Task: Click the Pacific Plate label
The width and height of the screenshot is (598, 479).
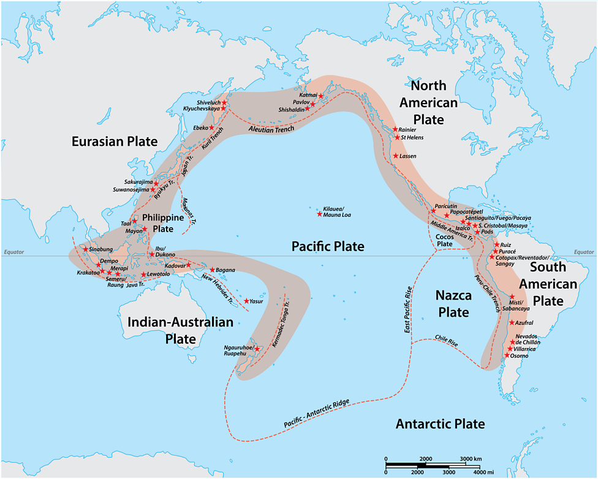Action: pyautogui.click(x=327, y=246)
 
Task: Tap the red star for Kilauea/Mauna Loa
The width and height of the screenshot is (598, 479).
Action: pyautogui.click(x=319, y=214)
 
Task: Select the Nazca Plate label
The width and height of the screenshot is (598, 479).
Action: pyautogui.click(x=452, y=304)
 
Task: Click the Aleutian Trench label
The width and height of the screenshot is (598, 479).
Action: pyautogui.click(x=271, y=129)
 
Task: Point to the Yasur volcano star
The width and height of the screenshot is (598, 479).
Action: pyautogui.click(x=246, y=301)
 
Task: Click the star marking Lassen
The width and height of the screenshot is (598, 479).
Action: pyautogui.click(x=396, y=156)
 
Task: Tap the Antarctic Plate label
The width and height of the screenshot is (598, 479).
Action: pyautogui.click(x=440, y=424)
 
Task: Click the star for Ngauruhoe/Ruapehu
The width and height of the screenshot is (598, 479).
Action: pyautogui.click(x=257, y=349)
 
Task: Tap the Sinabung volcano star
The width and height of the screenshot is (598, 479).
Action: pyautogui.click(x=85, y=249)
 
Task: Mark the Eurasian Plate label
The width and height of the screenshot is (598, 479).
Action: pyautogui.click(x=115, y=142)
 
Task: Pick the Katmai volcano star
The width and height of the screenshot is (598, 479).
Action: pyautogui.click(x=320, y=97)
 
